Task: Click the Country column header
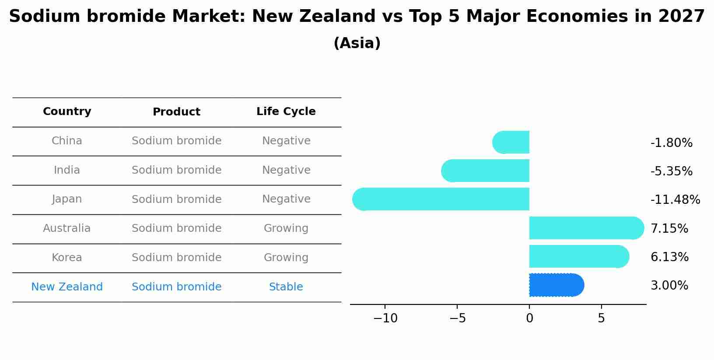pyautogui.click(x=67, y=112)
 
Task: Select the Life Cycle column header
pyautogui.click(x=286, y=112)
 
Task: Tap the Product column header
pyautogui.click(x=176, y=112)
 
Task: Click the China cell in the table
pyautogui.click(x=67, y=141)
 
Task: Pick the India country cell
pyautogui.click(x=67, y=170)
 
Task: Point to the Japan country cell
pyautogui.click(x=67, y=199)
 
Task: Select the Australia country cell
pyautogui.click(x=67, y=228)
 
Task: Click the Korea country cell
pyautogui.click(x=67, y=258)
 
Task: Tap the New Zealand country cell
pyautogui.click(x=67, y=287)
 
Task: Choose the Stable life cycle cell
pyautogui.click(x=286, y=287)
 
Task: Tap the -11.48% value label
pyautogui.click(x=675, y=200)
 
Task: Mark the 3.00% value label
pyautogui.click(x=669, y=286)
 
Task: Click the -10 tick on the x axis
pyautogui.click(x=385, y=318)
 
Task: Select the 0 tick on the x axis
pyautogui.click(x=529, y=318)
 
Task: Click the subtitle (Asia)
pyautogui.click(x=357, y=43)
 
